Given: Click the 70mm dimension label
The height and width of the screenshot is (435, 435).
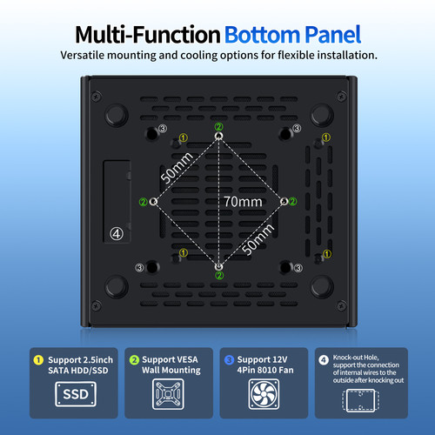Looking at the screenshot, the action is [x=243, y=202].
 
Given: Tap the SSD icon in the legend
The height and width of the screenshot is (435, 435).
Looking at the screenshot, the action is [x=76, y=394].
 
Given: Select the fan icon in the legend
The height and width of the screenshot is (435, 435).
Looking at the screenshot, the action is [x=264, y=394].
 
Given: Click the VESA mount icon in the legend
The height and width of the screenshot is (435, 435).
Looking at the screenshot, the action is [x=168, y=394].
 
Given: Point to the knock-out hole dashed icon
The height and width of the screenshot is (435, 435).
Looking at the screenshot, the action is [x=361, y=400].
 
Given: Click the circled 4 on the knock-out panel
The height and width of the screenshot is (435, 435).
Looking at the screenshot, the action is [x=117, y=234].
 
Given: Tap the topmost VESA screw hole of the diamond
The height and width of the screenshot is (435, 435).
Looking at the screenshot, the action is [x=218, y=136].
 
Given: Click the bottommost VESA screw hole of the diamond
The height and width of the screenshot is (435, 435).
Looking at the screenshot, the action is [x=219, y=267].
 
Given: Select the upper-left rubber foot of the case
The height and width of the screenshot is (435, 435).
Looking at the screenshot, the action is [x=117, y=115].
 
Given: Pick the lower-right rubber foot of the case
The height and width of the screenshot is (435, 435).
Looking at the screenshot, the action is [x=322, y=286].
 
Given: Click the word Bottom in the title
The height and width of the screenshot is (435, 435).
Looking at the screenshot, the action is [x=262, y=35].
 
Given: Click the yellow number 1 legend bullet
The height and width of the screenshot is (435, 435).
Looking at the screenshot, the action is [x=38, y=360].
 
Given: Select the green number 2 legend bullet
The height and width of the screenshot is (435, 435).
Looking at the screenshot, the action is [x=134, y=360].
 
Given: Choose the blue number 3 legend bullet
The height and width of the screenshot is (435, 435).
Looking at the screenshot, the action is [x=229, y=360].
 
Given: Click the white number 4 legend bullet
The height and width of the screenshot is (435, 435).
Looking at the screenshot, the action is [x=324, y=360].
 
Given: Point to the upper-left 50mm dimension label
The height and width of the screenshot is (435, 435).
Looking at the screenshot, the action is [x=177, y=168].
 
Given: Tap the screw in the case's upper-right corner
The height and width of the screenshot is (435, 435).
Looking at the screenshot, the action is [x=341, y=97].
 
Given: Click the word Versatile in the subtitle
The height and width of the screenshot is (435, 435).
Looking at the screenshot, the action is [x=82, y=55].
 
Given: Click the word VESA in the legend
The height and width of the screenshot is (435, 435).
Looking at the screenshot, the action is [x=187, y=359].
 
